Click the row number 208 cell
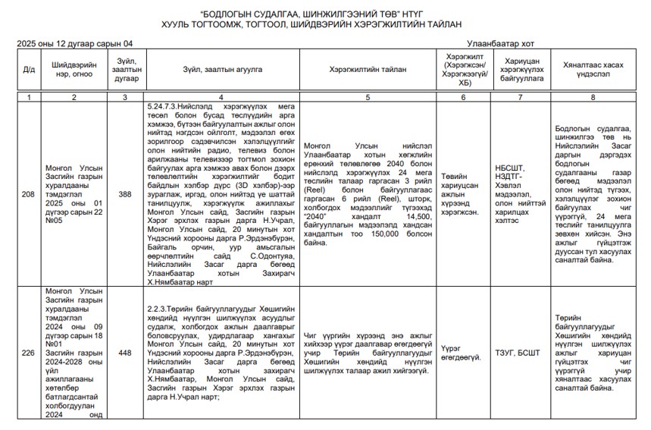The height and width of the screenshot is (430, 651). coord(28,194)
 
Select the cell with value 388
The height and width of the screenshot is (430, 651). coord(126,194)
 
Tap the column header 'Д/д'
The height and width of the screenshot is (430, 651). coord(28,70)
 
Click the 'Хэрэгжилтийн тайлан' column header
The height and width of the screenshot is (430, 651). coord(368,70)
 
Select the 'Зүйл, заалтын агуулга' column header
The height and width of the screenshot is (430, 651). coord(221,70)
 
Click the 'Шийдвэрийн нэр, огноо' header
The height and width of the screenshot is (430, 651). coord(74,70)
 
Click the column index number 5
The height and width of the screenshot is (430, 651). coord(368,97)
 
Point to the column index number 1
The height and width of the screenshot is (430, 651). coord(28,97)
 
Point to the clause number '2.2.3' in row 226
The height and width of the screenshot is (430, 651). coord(158,309)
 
